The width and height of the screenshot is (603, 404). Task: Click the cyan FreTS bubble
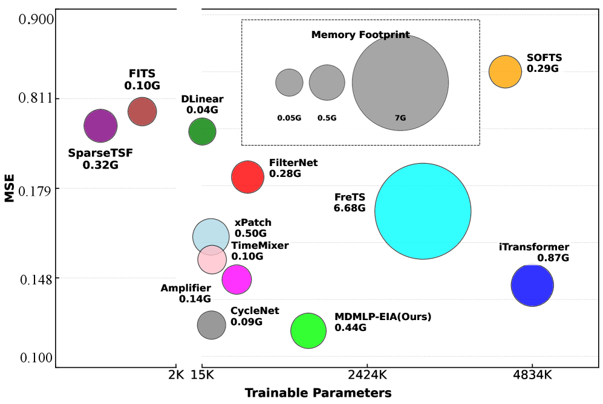click(423, 211)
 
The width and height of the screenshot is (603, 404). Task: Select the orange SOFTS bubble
click(505, 71)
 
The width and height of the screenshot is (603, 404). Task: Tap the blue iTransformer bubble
click(532, 285)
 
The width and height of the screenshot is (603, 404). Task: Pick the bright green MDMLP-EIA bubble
click(308, 330)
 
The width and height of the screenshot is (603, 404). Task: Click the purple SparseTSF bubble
click(100, 126)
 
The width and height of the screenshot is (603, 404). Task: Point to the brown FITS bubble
click(142, 111)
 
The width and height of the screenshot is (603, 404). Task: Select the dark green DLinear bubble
click(202, 132)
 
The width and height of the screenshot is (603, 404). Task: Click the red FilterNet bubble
click(247, 177)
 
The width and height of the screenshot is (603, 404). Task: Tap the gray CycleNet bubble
click(211, 325)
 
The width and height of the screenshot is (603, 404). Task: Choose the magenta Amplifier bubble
click(236, 279)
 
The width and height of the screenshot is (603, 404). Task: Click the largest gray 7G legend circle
click(400, 82)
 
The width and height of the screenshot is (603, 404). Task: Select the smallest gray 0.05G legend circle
click(289, 82)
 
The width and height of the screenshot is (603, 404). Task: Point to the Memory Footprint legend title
click(360, 35)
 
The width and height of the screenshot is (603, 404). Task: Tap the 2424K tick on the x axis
click(367, 375)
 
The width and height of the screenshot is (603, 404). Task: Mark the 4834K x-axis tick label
click(532, 375)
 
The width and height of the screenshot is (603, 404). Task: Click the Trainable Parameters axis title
click(318, 393)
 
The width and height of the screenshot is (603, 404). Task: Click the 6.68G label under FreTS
click(350, 208)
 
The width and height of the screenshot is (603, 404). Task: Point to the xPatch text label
click(253, 223)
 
